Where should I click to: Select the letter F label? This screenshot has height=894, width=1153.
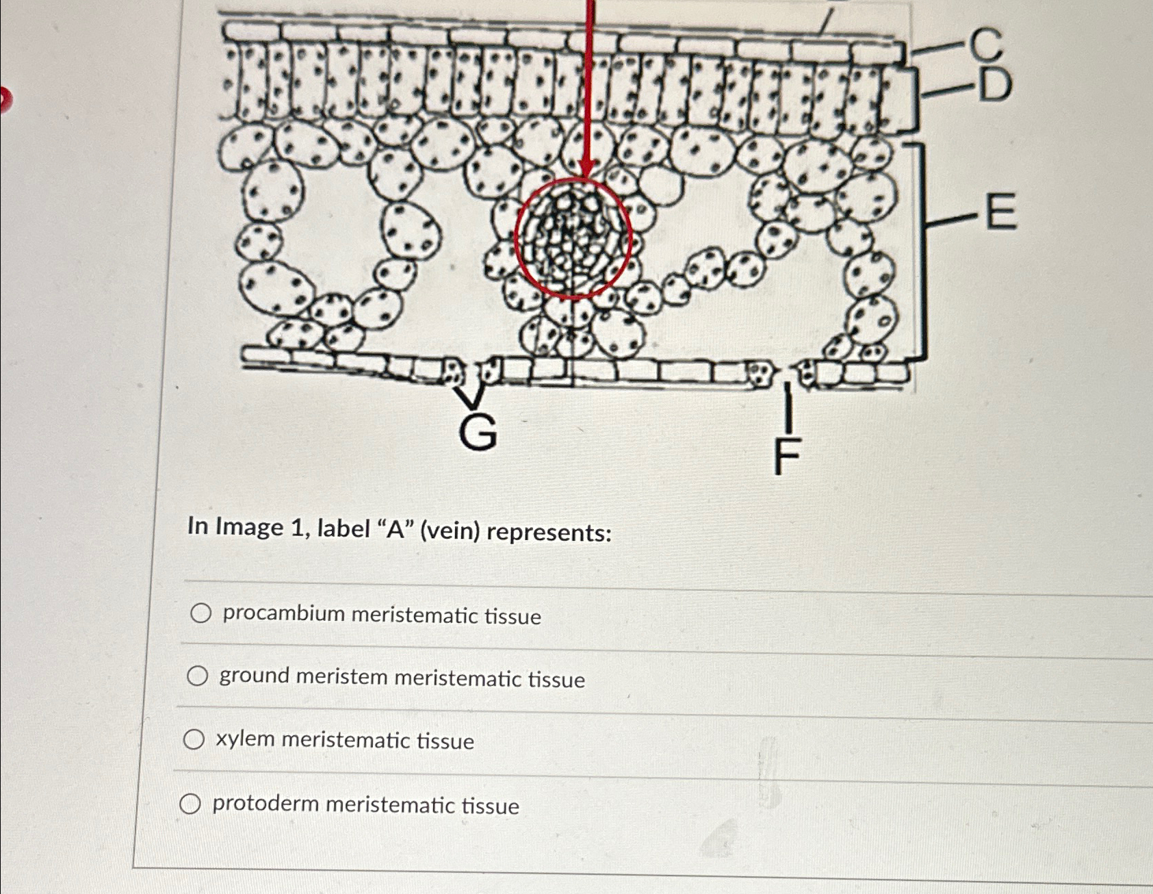coord(787,457)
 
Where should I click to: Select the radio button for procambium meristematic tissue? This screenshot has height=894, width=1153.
coord(200,613)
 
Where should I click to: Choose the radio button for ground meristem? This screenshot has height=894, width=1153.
coord(198,676)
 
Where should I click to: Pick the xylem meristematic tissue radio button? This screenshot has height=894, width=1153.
coord(194,739)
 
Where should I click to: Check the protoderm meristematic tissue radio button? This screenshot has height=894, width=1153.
coord(190,804)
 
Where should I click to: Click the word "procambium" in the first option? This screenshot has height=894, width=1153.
coord(283,613)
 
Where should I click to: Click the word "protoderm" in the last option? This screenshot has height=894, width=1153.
coord(265,803)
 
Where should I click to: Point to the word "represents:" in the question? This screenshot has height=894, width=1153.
coord(549,533)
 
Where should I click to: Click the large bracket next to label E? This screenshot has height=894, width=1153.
coord(921,251)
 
